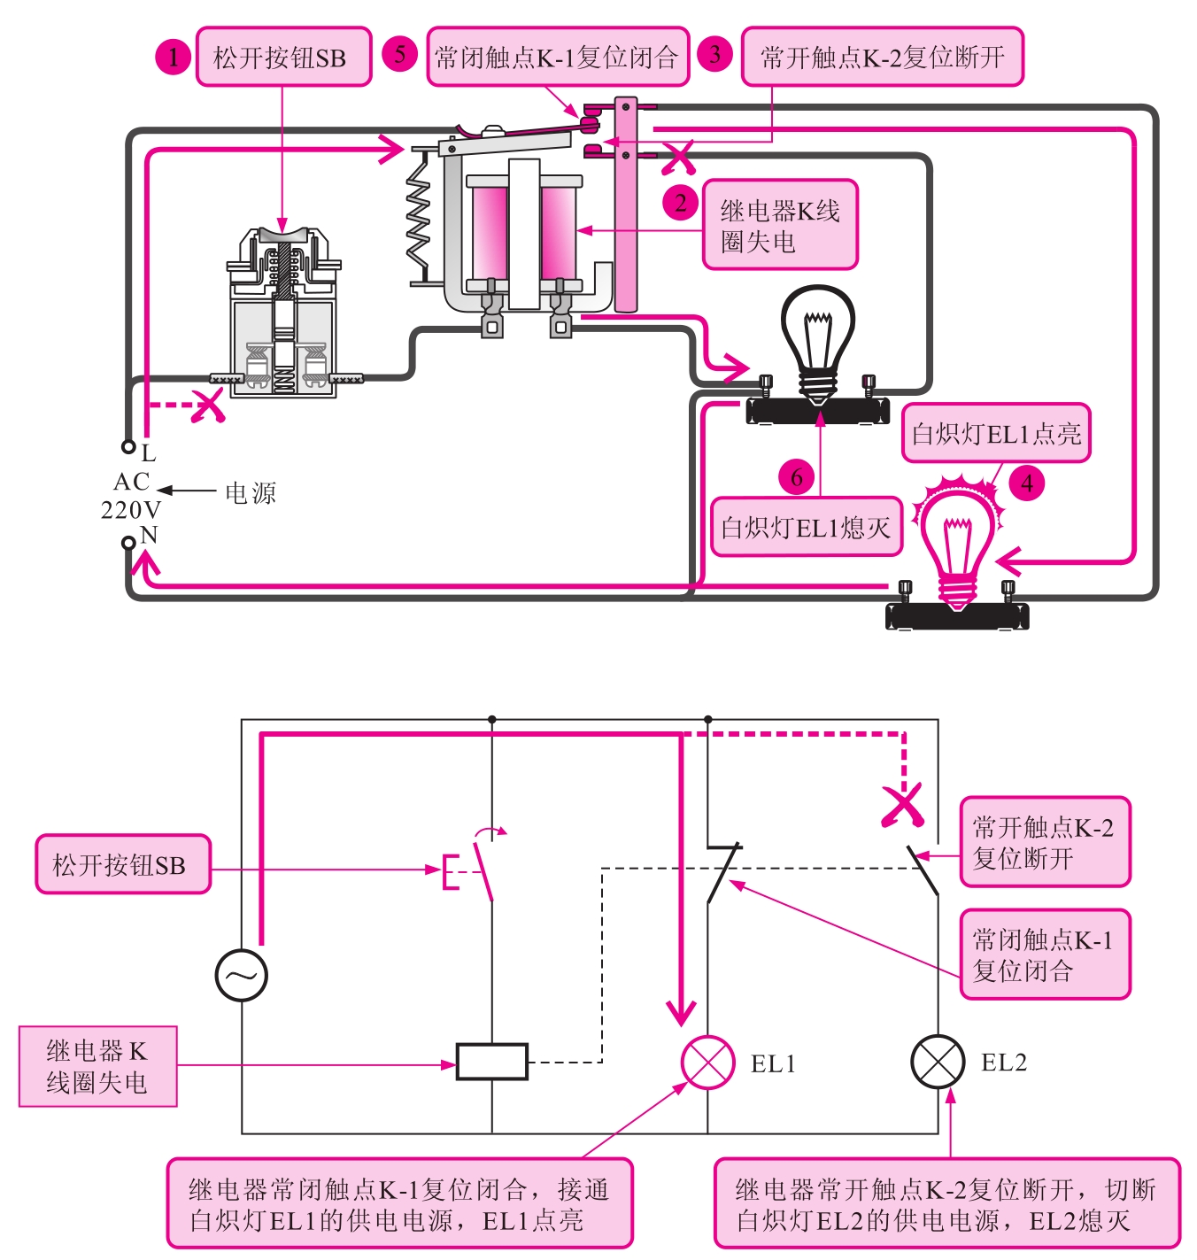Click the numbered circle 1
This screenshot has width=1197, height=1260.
(174, 58)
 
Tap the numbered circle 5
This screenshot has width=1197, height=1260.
(399, 54)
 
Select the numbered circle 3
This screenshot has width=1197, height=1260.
(714, 54)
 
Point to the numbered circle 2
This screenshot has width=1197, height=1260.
(680, 203)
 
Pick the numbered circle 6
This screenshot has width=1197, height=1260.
(796, 477)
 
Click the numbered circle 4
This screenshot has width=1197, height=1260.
(1027, 483)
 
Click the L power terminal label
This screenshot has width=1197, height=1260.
(148, 454)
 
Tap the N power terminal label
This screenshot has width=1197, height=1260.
(149, 535)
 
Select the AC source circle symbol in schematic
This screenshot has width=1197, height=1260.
(241, 975)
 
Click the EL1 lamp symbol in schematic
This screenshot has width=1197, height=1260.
(707, 1062)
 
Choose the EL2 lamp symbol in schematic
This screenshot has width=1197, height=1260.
(938, 1062)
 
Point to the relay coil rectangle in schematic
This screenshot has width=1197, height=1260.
(491, 1061)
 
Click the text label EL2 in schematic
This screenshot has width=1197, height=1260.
(1004, 1063)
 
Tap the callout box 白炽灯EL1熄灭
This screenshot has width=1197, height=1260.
(806, 528)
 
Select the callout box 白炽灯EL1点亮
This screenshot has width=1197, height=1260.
(996, 434)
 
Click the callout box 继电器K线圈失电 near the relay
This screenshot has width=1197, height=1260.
(780, 225)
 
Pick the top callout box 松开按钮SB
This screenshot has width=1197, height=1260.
(282, 58)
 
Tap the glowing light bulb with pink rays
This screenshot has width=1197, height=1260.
(956, 540)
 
